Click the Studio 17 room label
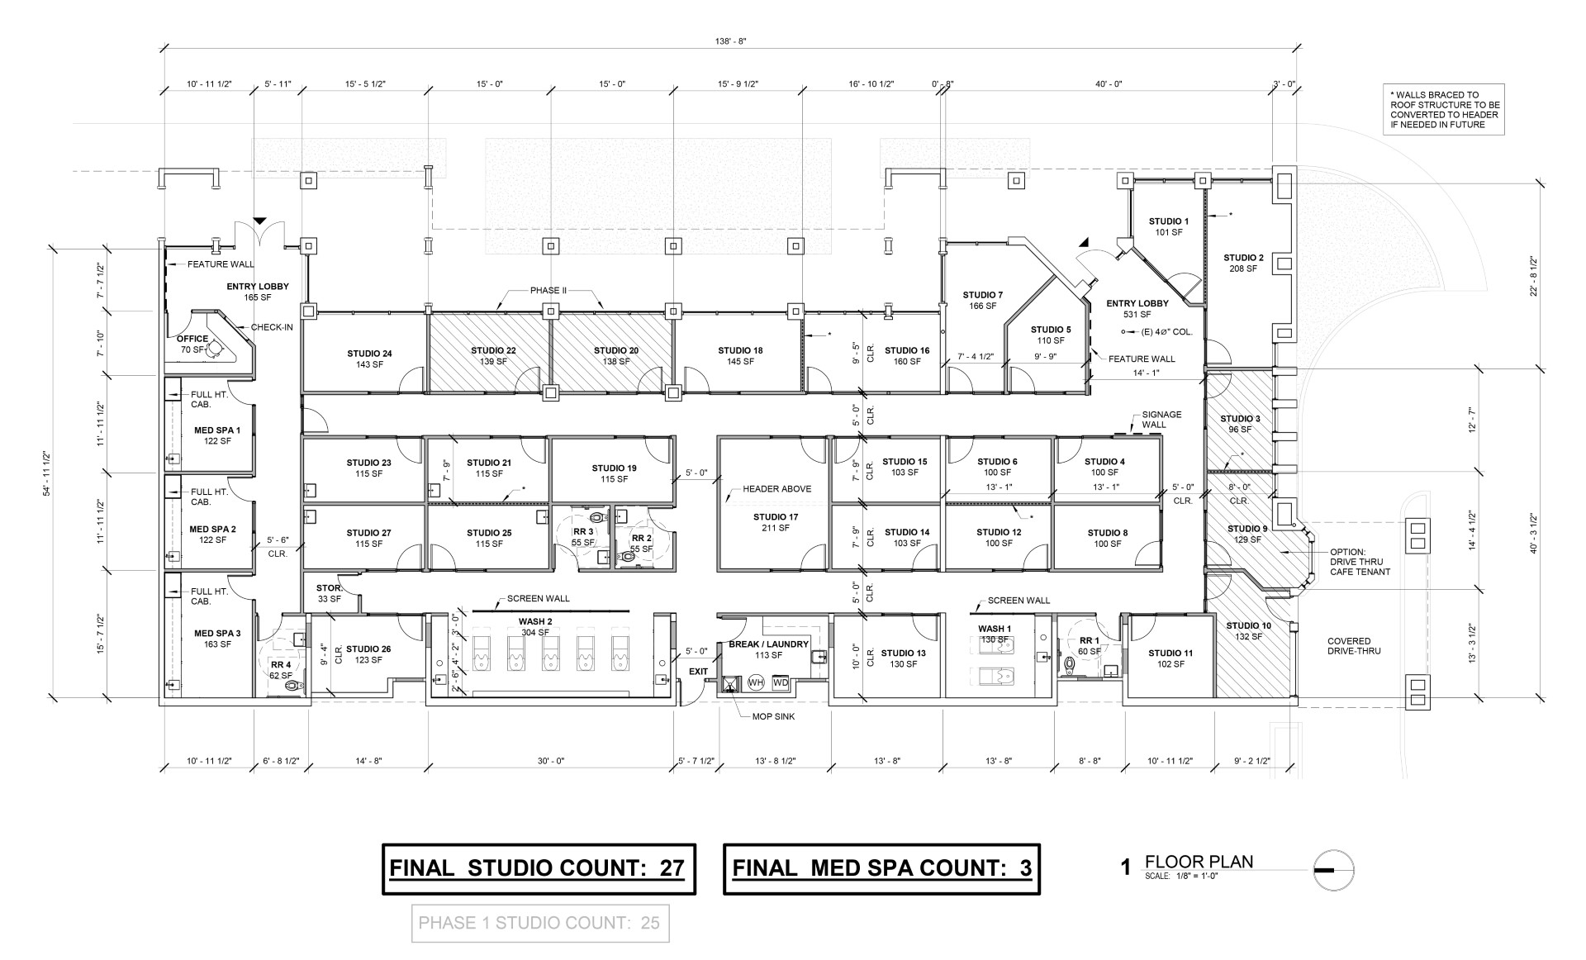(775, 522)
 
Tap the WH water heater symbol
(755, 682)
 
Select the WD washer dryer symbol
(780, 682)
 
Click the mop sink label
(773, 716)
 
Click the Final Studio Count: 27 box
(539, 868)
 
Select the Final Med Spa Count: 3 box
(881, 868)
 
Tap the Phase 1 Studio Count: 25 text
(539, 923)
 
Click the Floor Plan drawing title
(1199, 862)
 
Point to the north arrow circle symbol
(1334, 870)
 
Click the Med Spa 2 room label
(212, 535)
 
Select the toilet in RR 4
(292, 685)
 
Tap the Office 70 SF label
(192, 344)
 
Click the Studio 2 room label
(1243, 263)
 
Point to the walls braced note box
(1444, 109)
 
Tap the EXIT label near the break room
(698, 672)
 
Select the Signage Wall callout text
(1161, 420)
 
